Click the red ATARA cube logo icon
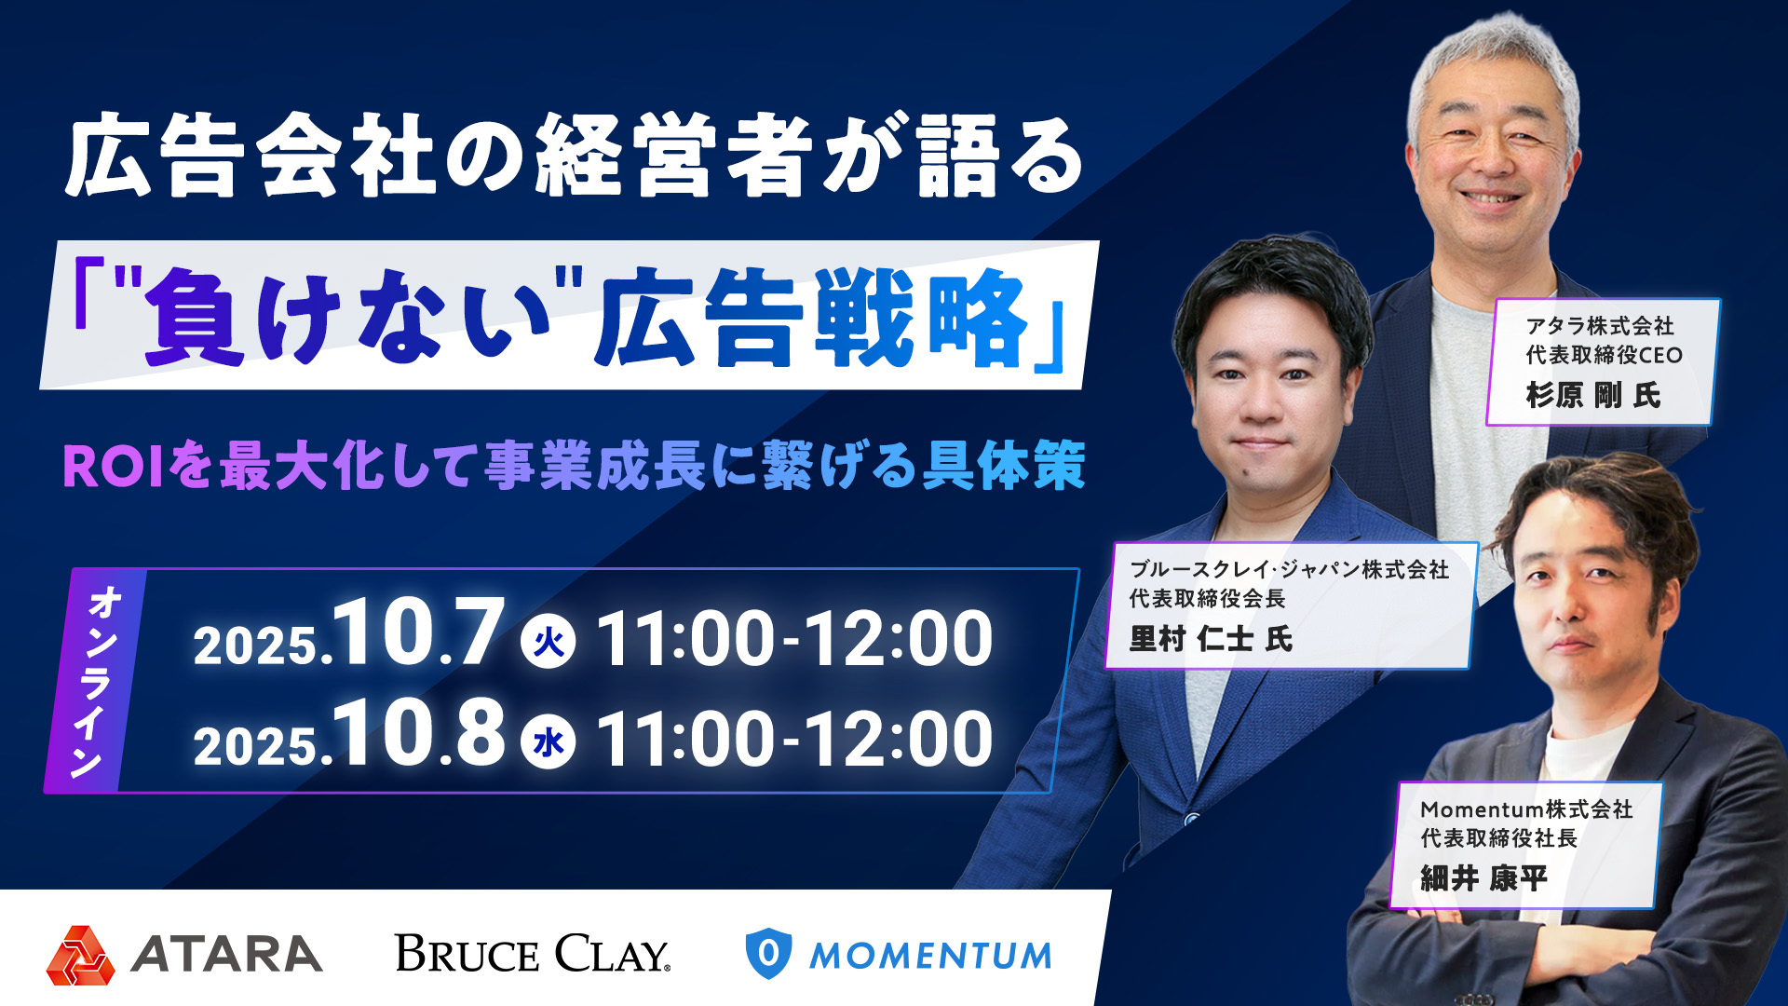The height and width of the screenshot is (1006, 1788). [81, 956]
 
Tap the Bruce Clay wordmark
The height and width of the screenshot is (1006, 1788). [533, 954]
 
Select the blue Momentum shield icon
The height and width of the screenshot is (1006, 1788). [768, 954]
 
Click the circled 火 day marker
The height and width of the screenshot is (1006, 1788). [549, 642]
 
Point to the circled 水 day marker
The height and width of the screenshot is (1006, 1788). [549, 742]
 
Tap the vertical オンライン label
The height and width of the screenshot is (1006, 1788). [96, 681]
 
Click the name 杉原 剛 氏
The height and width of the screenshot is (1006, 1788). [1592, 396]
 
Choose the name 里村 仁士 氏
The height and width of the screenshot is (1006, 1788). [1211, 639]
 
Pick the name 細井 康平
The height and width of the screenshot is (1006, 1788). [1484, 878]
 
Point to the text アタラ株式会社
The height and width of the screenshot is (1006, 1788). [1600, 325]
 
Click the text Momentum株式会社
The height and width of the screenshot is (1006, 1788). [1526, 809]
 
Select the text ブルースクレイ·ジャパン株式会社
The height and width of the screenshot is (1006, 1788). [1289, 569]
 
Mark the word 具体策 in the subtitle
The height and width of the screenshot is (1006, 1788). [1004, 466]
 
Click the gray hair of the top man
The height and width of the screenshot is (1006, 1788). [1490, 61]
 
